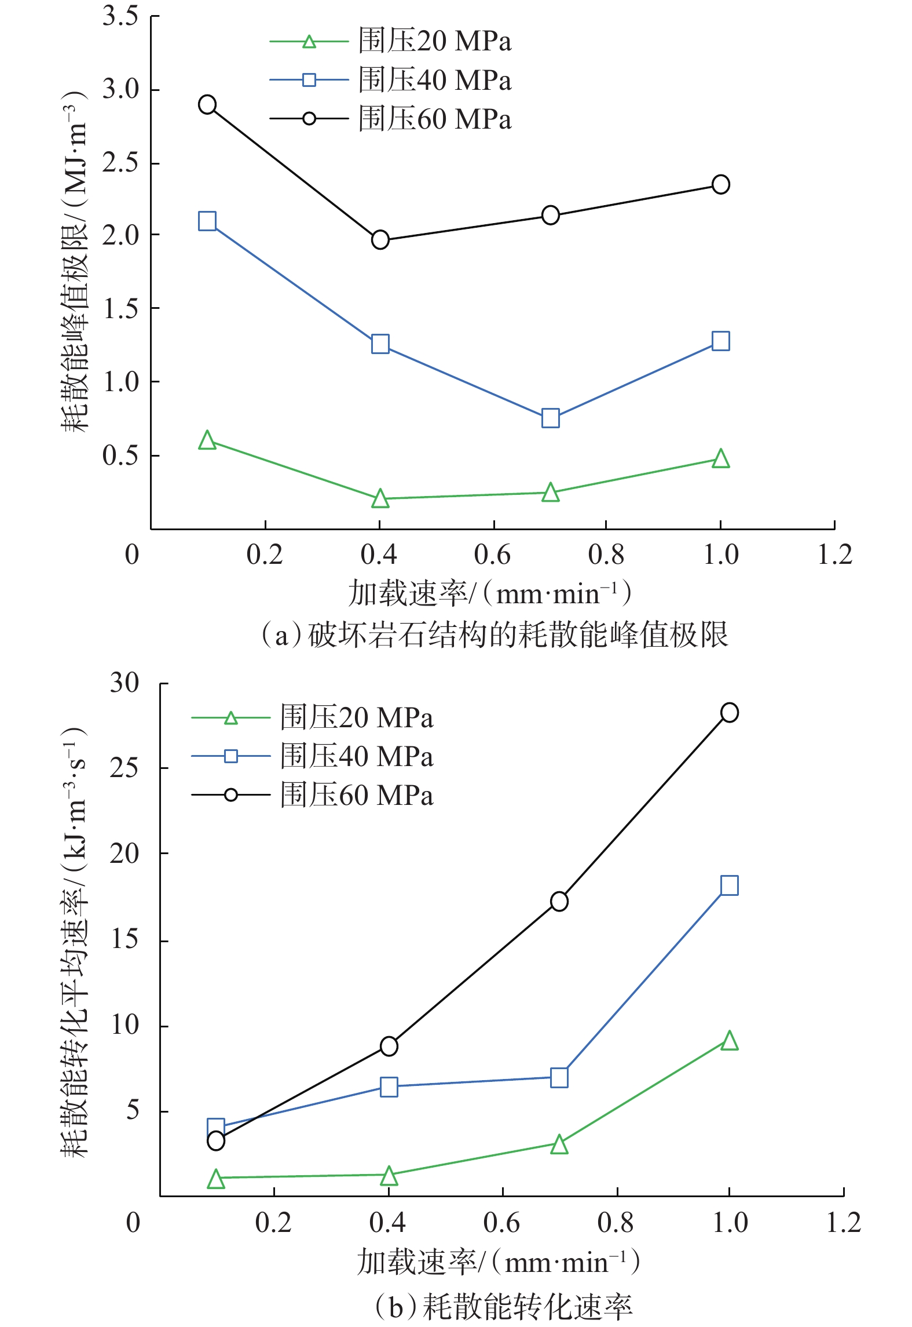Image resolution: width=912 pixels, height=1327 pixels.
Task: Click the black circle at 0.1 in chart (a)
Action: click(x=207, y=105)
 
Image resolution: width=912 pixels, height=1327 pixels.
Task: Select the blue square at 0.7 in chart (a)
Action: click(x=551, y=418)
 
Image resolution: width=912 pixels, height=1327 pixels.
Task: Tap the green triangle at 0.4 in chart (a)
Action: click(x=380, y=498)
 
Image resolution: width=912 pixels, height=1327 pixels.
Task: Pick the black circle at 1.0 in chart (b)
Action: click(x=730, y=712)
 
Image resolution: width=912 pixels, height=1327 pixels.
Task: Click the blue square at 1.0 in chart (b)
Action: click(x=730, y=886)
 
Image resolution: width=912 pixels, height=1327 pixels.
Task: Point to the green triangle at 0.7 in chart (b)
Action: click(x=559, y=1144)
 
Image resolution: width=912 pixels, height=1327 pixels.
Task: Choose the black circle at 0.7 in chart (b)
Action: click(x=559, y=901)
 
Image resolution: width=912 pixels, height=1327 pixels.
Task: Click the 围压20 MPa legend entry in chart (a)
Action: click(x=391, y=41)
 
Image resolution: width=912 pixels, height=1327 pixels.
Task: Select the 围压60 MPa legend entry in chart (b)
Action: click(x=313, y=795)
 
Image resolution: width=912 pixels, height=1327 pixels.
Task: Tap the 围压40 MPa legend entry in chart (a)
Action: click(x=391, y=80)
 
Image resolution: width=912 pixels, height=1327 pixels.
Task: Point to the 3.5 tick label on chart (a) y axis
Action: click(x=120, y=16)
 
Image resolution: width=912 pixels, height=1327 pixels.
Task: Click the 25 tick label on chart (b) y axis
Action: click(x=124, y=768)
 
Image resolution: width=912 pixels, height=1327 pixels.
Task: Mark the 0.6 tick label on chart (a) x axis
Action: click(x=493, y=555)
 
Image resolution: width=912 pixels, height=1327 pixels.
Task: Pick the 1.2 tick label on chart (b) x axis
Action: click(x=844, y=1223)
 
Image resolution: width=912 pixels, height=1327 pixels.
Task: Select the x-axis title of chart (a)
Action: click(x=490, y=594)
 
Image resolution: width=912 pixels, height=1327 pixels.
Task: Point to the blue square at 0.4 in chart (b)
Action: click(x=389, y=1087)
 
